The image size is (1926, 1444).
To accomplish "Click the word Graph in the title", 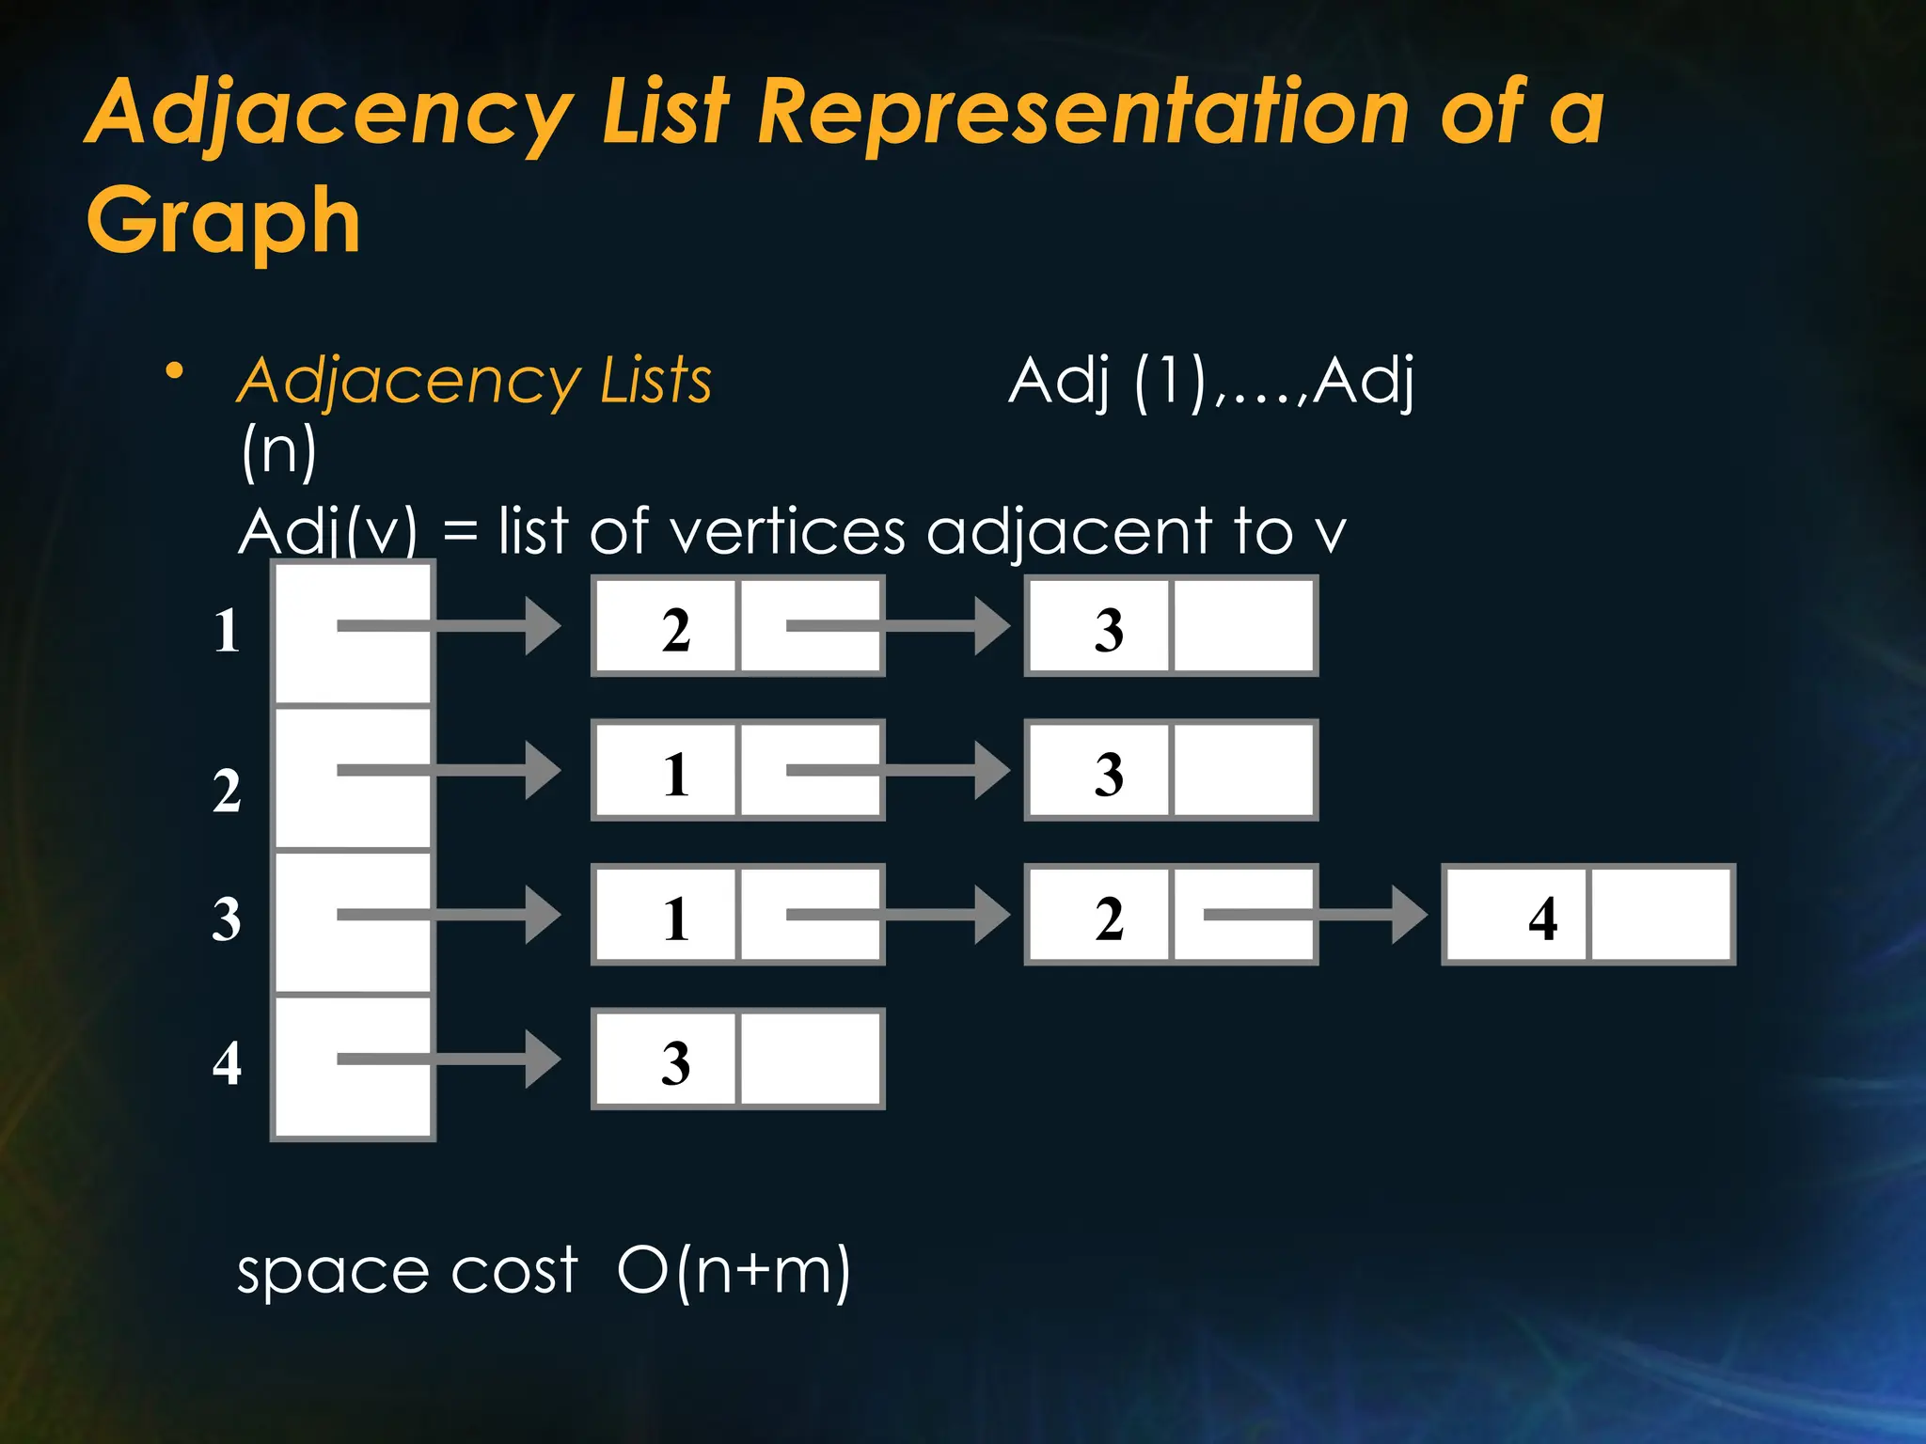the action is (x=224, y=221).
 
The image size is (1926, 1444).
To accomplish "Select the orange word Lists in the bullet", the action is (x=655, y=381).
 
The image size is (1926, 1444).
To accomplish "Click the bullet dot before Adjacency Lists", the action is (x=174, y=372).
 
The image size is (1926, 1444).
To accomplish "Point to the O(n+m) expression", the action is (x=734, y=1271).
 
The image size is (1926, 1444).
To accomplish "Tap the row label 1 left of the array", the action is (x=227, y=630).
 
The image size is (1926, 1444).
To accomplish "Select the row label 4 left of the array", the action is (x=227, y=1063).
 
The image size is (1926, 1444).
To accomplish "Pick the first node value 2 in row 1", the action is (x=675, y=629).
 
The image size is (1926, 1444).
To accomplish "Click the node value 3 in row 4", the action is (x=675, y=1063).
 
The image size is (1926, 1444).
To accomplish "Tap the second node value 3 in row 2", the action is (x=1109, y=774).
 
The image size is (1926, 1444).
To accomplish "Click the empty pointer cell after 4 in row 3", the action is (x=1661, y=916).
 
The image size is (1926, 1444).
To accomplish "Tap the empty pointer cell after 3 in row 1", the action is (x=1242, y=627).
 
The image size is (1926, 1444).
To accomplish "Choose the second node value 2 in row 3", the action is (x=1109, y=918).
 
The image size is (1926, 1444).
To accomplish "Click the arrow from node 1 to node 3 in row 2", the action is (x=897, y=771).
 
